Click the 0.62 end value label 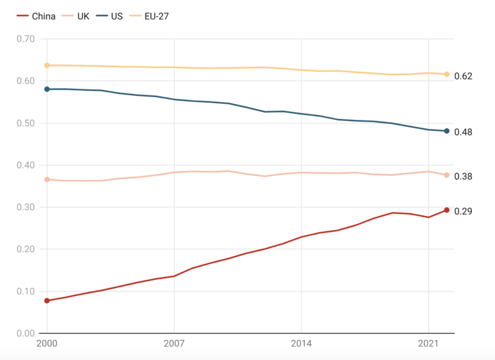[463, 76]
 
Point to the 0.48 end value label [463, 132]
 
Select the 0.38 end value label [463, 176]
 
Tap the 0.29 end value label [463, 211]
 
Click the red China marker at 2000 [47, 301]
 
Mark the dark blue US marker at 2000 [47, 89]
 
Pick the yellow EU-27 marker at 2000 [47, 65]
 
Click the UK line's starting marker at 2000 [47, 180]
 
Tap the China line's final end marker [447, 210]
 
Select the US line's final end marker [447, 131]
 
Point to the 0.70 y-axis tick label [26, 39]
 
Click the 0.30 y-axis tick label [26, 207]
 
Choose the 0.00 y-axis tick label [26, 333]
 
